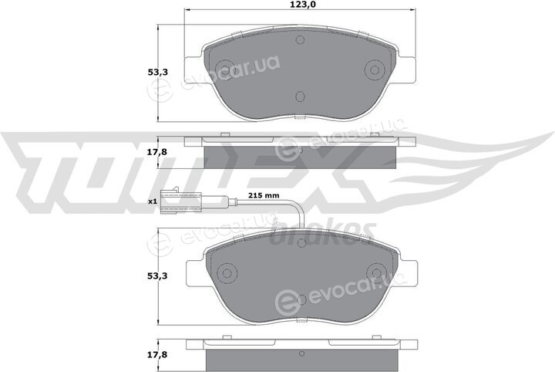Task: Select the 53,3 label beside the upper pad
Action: point(157,73)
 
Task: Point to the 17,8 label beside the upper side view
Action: point(157,152)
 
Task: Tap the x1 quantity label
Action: point(152,201)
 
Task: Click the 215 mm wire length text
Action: point(264,195)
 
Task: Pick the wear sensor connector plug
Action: point(180,202)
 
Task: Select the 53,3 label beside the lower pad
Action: point(157,276)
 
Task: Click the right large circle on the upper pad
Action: point(375,69)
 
